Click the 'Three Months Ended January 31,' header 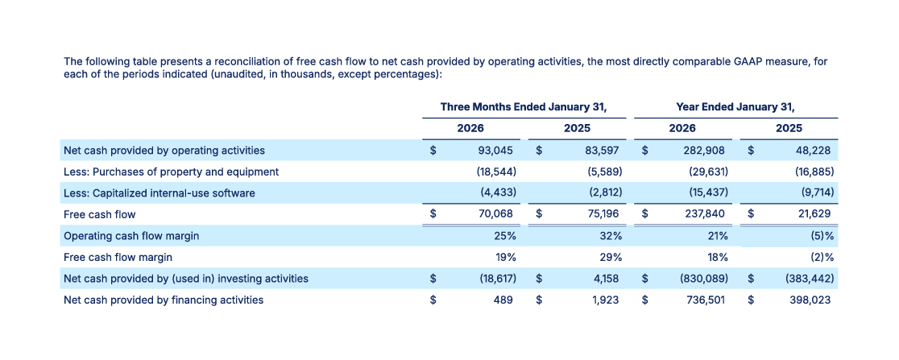(523, 106)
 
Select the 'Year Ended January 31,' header (735, 106)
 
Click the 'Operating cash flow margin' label (131, 236)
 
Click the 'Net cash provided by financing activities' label (164, 300)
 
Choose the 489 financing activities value (506, 300)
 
